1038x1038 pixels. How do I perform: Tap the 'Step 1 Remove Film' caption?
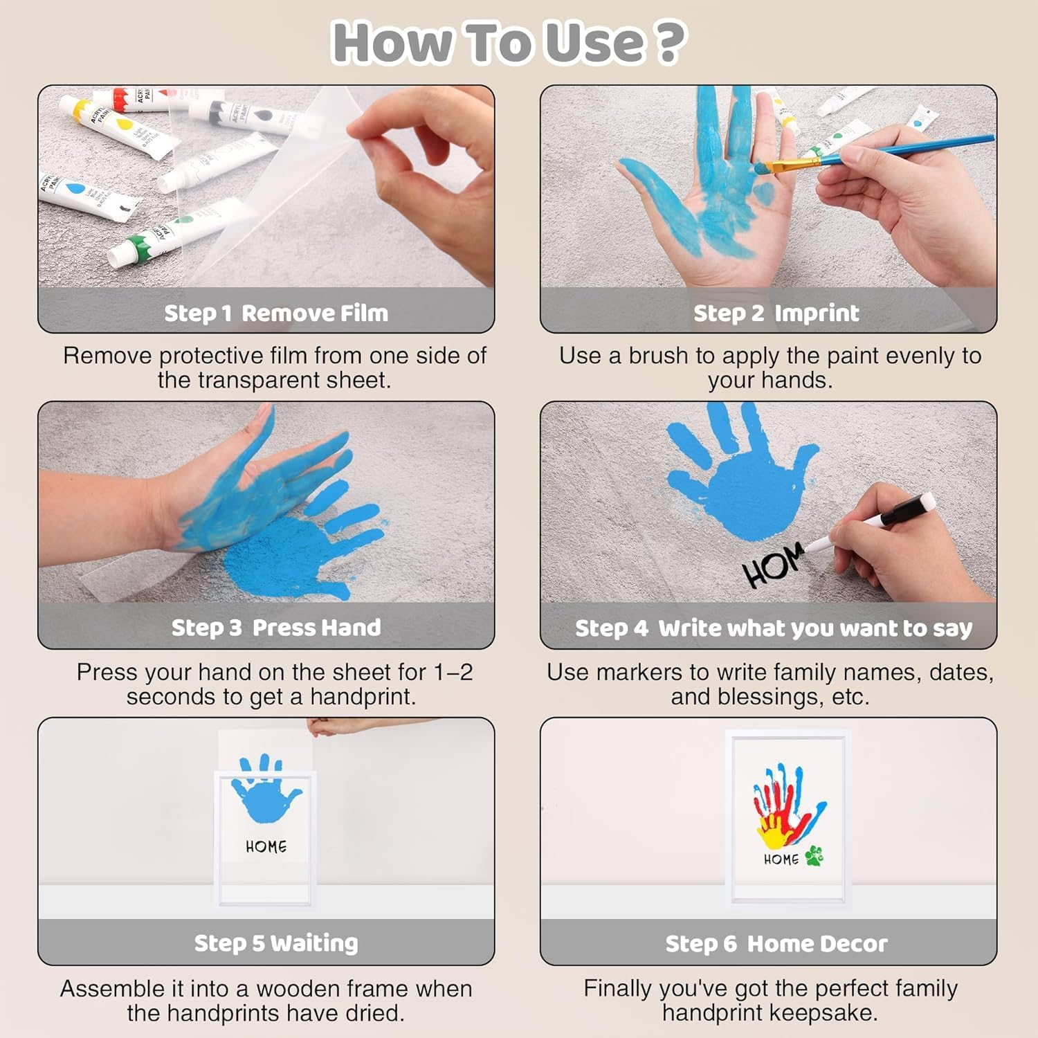[x=276, y=313]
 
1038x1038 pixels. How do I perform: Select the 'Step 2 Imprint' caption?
[x=776, y=313]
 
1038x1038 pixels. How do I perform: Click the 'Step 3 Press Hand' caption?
[x=276, y=627]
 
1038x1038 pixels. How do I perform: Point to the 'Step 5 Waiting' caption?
[x=276, y=943]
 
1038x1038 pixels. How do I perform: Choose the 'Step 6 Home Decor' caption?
[x=776, y=943]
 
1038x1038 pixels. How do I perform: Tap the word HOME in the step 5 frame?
[x=266, y=846]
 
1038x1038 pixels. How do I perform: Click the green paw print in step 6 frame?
[x=814, y=856]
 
